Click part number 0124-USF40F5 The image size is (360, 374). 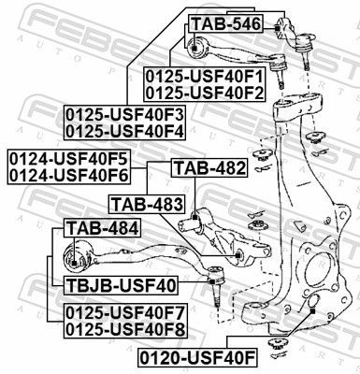pyautogui.click(x=68, y=157)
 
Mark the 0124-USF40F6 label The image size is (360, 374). pyautogui.click(x=68, y=174)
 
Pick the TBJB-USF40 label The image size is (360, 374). pyautogui.click(x=122, y=284)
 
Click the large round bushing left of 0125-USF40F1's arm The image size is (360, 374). pyautogui.click(x=194, y=47)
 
